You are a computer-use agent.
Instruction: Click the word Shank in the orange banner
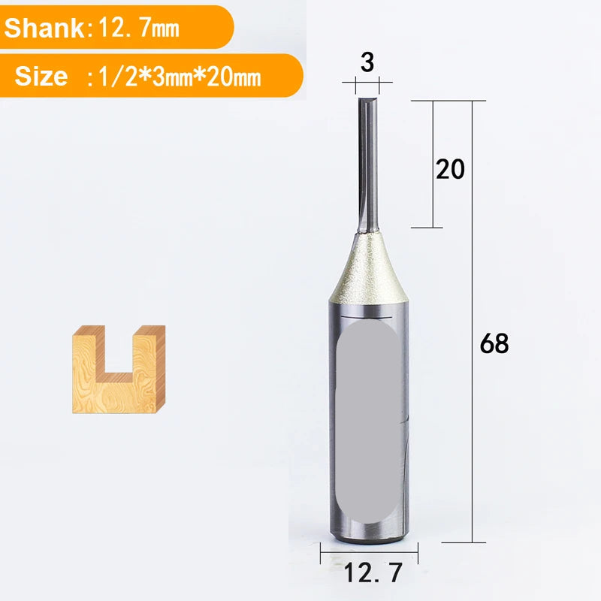[44, 28]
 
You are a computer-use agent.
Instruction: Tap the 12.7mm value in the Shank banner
[139, 28]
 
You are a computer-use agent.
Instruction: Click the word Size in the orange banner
[41, 76]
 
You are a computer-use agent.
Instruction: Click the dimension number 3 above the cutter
[367, 62]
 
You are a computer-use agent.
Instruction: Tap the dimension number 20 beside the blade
[450, 169]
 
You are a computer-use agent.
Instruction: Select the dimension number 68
[494, 343]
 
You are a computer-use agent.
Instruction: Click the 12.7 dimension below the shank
[373, 572]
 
